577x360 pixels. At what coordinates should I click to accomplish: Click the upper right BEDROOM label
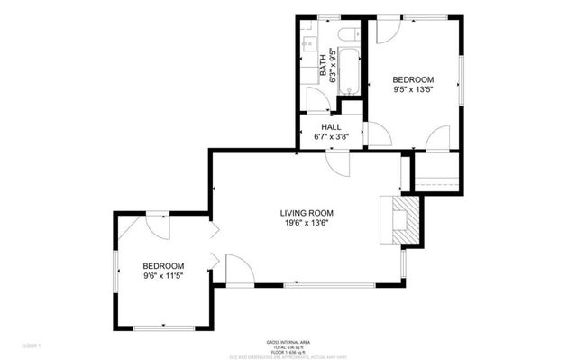[413, 79]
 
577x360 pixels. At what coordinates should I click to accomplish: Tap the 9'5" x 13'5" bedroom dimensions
[413, 89]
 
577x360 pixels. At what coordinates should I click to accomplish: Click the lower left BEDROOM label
[163, 265]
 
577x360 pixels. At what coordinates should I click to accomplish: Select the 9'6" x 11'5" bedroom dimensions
[163, 276]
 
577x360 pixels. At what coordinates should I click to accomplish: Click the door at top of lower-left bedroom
[157, 226]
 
